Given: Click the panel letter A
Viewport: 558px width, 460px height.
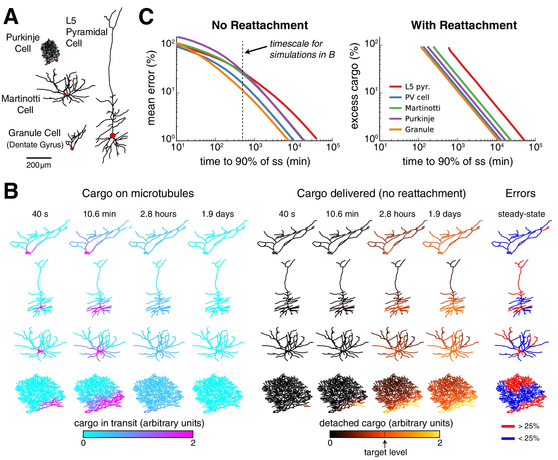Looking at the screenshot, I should (11, 17).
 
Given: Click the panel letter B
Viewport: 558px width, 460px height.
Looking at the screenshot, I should (11, 191).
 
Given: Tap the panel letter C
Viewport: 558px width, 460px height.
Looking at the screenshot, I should (146, 17).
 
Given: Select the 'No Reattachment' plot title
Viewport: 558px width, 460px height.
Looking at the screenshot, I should (260, 25).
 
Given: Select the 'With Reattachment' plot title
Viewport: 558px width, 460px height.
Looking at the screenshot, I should (464, 25).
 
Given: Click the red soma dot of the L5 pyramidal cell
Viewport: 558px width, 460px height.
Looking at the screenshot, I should (113, 136).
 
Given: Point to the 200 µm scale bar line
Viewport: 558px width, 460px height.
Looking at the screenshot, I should (39, 158).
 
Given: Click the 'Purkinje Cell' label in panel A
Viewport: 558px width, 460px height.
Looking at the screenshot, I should (23, 43).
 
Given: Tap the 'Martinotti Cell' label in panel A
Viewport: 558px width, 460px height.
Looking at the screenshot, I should (21, 104).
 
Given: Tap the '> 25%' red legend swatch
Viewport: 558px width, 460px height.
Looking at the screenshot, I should (508, 426).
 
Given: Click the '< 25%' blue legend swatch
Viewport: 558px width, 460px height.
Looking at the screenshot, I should (508, 438).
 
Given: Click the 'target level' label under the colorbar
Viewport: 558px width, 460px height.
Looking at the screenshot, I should (385, 452).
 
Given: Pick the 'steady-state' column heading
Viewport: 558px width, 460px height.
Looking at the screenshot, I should (521, 214).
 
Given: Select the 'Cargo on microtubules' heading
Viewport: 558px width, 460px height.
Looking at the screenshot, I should (138, 194).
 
